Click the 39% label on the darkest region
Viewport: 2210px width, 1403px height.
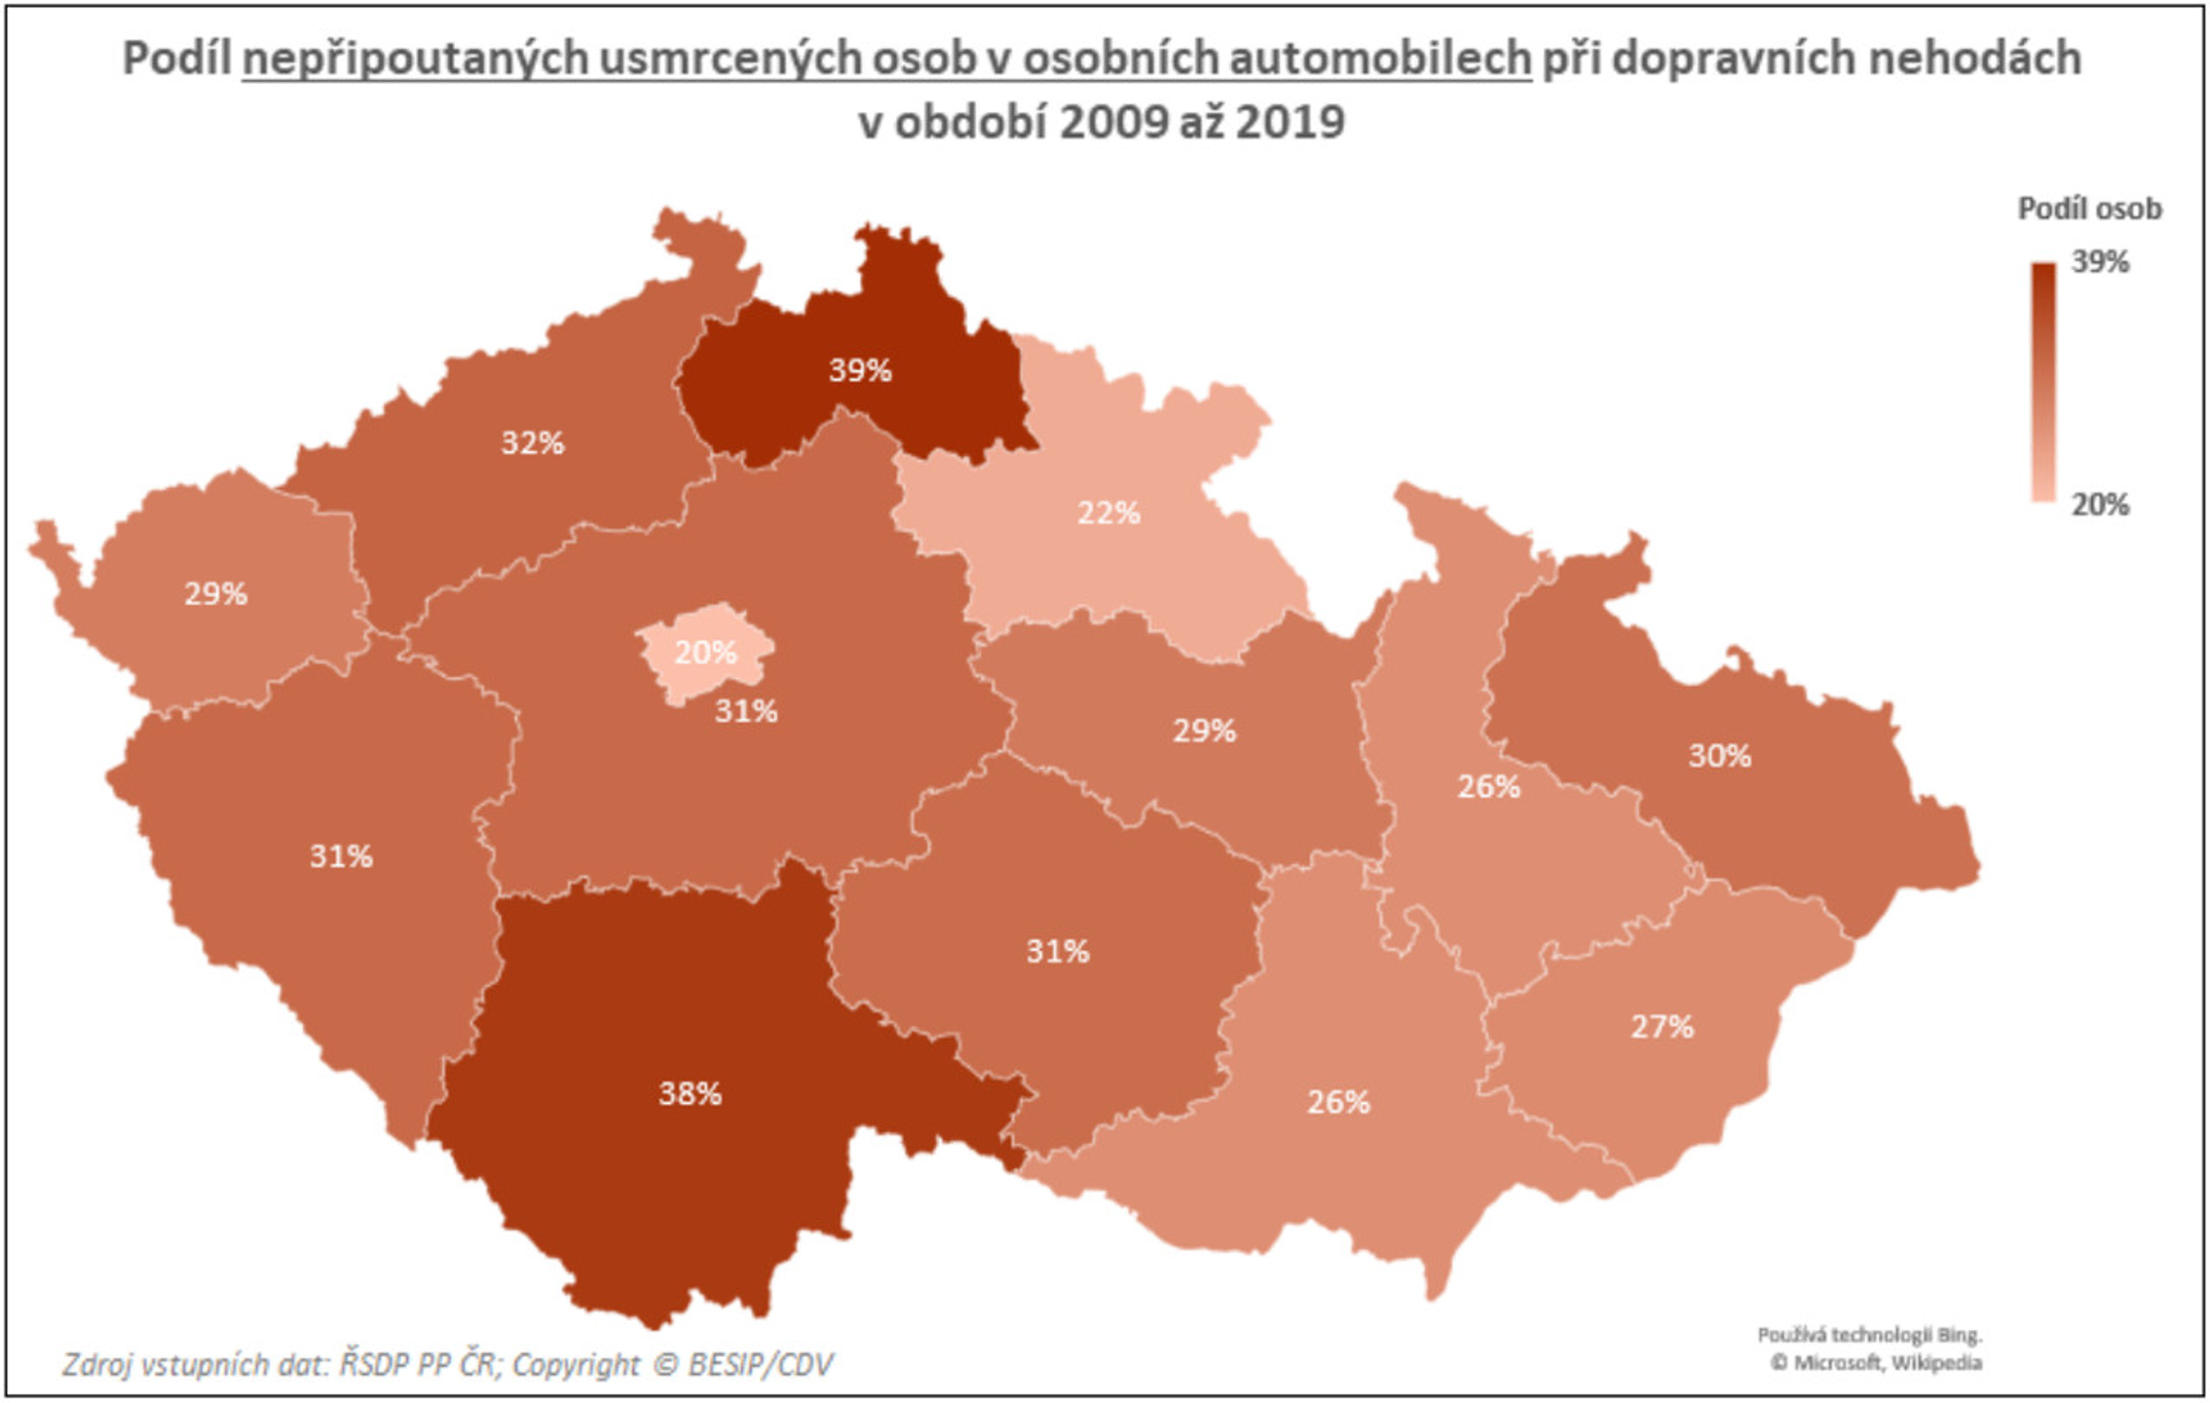pos(860,370)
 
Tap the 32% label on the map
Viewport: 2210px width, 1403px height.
pos(532,443)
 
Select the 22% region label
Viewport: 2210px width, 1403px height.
pos(1109,513)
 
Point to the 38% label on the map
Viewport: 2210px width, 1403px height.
pos(690,1094)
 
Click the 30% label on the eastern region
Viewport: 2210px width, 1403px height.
pos(1719,756)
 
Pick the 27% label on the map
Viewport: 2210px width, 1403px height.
pos(1662,1027)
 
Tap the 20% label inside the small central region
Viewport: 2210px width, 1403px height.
pos(705,653)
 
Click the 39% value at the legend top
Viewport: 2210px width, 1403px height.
pos(2100,263)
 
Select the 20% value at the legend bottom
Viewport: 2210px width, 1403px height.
pos(2100,505)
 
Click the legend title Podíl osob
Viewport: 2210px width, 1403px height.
pos(2089,209)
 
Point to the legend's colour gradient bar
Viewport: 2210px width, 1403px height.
pos(2043,382)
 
